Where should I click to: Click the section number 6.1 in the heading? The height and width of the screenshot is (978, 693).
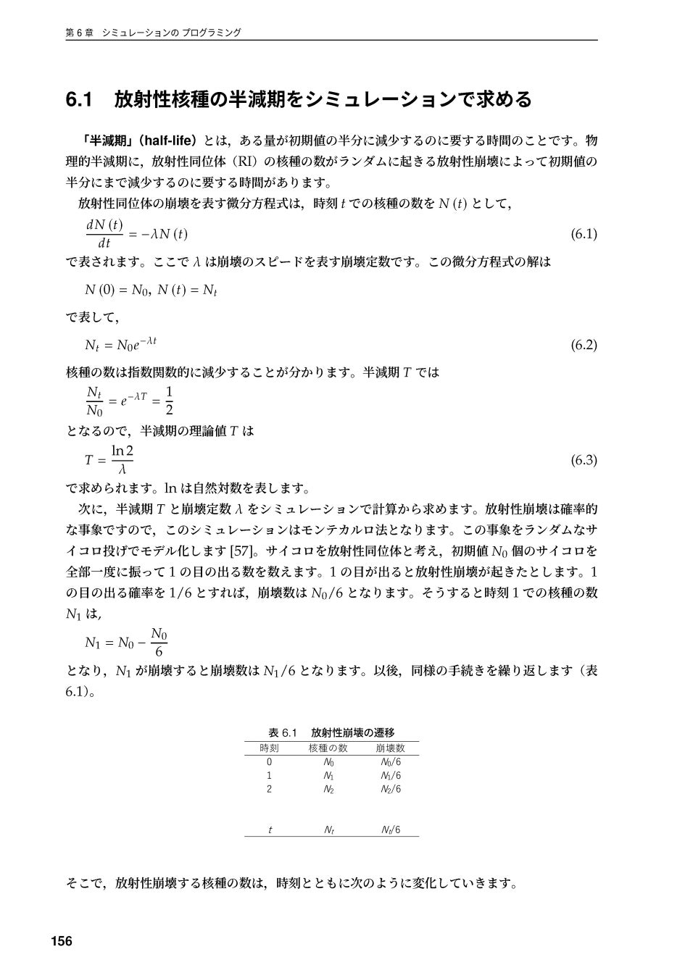[80, 100]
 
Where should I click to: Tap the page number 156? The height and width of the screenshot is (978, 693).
[62, 941]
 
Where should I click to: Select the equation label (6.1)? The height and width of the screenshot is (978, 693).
[584, 234]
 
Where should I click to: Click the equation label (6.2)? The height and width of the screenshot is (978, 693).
[584, 345]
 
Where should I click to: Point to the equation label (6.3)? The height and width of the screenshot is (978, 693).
[584, 460]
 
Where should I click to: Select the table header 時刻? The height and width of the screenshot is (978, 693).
[269, 748]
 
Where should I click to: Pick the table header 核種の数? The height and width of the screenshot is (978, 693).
[328, 748]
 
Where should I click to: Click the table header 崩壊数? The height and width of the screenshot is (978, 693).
[390, 748]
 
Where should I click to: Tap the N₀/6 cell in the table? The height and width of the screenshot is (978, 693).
[391, 762]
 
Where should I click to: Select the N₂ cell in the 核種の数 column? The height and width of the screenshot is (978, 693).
[328, 789]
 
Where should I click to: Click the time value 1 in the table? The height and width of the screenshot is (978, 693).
[269, 776]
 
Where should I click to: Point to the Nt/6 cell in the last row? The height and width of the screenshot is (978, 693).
[391, 830]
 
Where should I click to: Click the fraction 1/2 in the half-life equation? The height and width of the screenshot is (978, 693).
[168, 401]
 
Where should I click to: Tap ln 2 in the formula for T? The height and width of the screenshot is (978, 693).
[122, 451]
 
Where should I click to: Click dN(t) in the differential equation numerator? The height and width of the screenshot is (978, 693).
[104, 225]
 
